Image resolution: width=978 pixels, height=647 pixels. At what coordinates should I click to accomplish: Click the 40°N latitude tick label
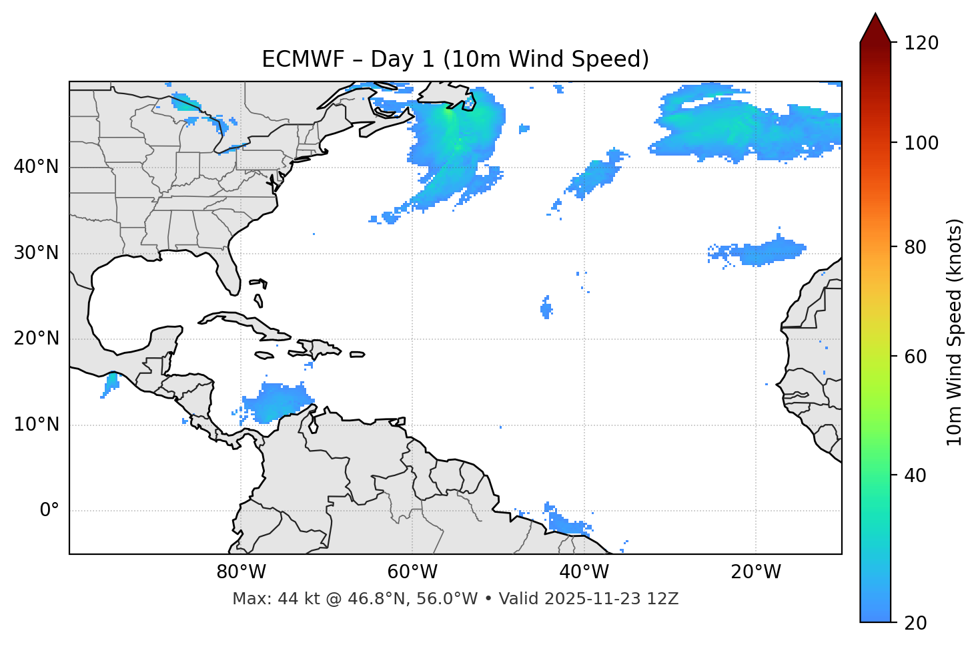pyautogui.click(x=36, y=167)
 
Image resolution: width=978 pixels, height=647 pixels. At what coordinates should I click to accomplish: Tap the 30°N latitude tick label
pyautogui.click(x=36, y=253)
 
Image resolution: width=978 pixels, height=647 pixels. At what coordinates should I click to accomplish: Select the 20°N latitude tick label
pyautogui.click(x=36, y=339)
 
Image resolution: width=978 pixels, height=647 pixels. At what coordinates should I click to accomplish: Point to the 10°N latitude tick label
pyautogui.click(x=36, y=425)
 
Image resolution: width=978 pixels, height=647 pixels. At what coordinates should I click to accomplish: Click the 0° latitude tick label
pyautogui.click(x=49, y=511)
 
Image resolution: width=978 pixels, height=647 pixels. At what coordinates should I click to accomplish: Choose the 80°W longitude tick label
pyautogui.click(x=241, y=572)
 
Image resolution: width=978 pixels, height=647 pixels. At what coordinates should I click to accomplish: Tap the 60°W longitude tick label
pyautogui.click(x=412, y=572)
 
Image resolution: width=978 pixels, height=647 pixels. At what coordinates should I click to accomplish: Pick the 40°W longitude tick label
pyautogui.click(x=584, y=572)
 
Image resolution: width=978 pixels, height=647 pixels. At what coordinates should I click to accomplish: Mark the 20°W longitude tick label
pyautogui.click(x=756, y=572)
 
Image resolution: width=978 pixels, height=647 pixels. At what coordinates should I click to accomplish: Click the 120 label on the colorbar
pyautogui.click(x=921, y=43)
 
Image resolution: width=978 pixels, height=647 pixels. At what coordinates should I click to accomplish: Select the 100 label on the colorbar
pyautogui.click(x=921, y=143)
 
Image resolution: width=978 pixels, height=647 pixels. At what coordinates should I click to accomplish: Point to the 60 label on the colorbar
pyautogui.click(x=917, y=357)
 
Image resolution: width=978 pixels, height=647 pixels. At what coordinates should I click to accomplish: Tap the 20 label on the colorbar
pyautogui.click(x=917, y=623)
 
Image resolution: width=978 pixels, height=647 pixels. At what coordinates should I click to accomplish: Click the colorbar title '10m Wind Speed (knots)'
pyautogui.click(x=955, y=332)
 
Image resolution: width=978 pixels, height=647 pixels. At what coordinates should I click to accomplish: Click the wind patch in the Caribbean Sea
pyautogui.click(x=274, y=403)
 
